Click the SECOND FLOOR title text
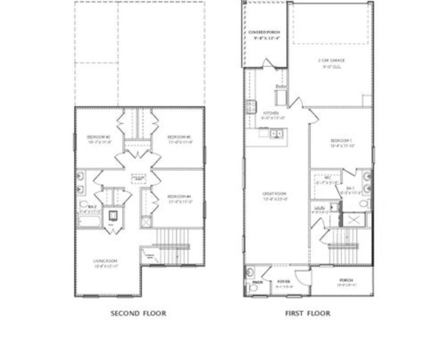pyautogui.click(x=138, y=313)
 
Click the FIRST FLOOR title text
pyautogui.click(x=308, y=313)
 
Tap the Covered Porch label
pyautogui.click(x=264, y=32)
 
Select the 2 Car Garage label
pyautogui.click(x=331, y=61)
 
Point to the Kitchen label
pyautogui.click(x=271, y=113)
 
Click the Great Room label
pyautogui.click(x=274, y=194)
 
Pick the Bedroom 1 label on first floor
pyautogui.click(x=341, y=141)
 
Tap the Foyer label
pyautogui.click(x=284, y=282)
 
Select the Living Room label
pyautogui.click(x=105, y=261)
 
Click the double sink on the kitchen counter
pyautogui.click(x=276, y=133)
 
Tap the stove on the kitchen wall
pyautogui.click(x=250, y=106)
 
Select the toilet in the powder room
pyautogui.click(x=253, y=287)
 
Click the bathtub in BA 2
pyautogui.click(x=90, y=221)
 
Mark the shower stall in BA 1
pyautogui.click(x=352, y=219)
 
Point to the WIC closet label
pyautogui.click(x=328, y=178)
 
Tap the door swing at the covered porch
pyautogui.click(x=268, y=63)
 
